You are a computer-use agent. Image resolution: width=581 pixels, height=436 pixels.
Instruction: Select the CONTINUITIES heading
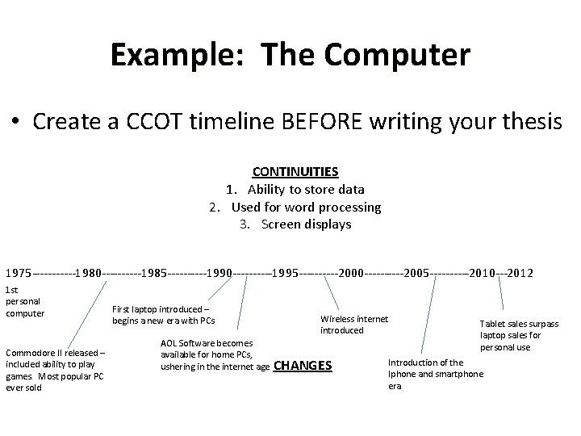click(x=295, y=171)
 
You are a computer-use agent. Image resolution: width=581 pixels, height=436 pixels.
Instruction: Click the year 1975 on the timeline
click(x=19, y=274)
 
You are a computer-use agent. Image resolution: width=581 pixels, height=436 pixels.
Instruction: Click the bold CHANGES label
click(x=303, y=366)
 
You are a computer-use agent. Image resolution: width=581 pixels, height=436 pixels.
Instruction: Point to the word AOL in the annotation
click(x=169, y=343)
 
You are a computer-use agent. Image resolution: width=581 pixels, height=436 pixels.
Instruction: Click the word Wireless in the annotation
click(x=337, y=319)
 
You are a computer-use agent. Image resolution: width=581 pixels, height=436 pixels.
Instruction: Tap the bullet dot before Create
click(x=16, y=123)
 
